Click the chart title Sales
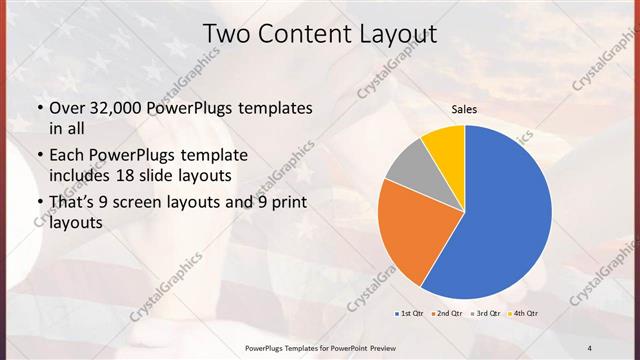click(x=464, y=108)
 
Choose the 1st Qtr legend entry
click(x=411, y=314)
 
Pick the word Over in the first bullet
click(x=68, y=108)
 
